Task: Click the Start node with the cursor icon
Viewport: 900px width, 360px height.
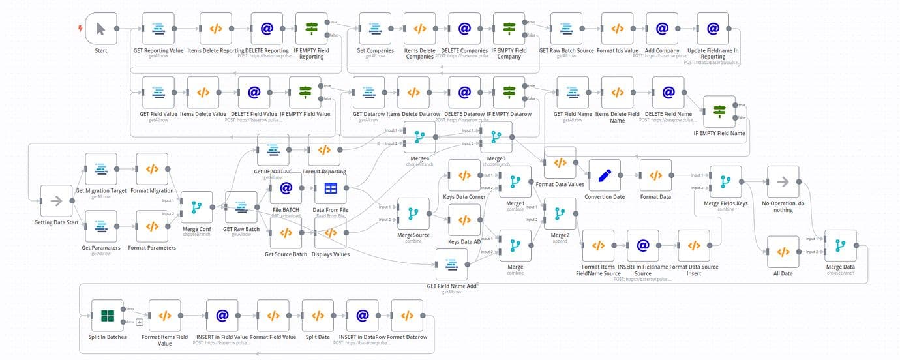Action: point(100,29)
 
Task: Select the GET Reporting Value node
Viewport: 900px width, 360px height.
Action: point(158,29)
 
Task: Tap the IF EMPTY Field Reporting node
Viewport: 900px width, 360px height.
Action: point(311,29)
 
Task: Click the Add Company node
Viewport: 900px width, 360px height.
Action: point(662,29)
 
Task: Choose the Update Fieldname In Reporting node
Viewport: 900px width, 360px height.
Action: point(713,29)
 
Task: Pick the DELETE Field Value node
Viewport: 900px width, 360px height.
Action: point(254,93)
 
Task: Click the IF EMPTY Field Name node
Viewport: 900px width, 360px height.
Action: point(719,112)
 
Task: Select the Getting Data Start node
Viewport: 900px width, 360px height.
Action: point(56,201)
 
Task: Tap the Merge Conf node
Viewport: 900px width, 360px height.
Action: point(196,207)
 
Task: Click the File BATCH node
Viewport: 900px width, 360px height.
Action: point(286,188)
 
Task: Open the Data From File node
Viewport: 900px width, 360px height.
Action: point(331,188)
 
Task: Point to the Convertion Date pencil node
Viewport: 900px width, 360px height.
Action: point(605,175)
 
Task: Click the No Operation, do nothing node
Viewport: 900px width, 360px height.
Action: point(783,182)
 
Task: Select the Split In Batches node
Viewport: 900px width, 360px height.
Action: point(108,316)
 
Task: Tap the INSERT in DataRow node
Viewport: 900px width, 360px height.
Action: point(362,316)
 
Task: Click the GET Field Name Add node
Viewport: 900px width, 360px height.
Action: point(452,265)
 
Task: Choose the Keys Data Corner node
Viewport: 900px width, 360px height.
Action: point(464,175)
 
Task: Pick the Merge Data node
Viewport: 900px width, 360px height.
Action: point(841,246)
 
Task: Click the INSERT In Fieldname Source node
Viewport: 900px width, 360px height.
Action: point(642,246)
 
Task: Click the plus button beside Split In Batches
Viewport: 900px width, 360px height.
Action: point(139,322)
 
